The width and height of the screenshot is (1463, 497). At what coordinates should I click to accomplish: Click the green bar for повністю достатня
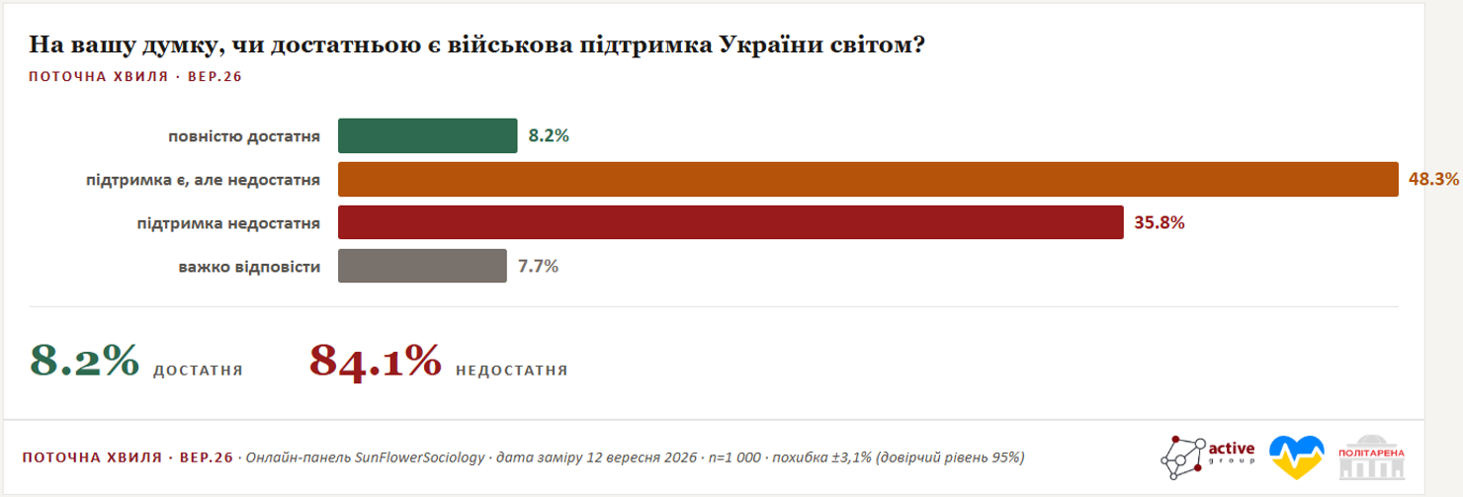click(x=427, y=135)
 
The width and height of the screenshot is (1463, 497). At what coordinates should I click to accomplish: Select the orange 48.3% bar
click(x=868, y=179)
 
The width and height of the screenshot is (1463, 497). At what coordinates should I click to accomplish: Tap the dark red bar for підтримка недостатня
click(x=731, y=222)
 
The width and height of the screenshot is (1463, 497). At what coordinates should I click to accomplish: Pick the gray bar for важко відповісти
click(x=422, y=266)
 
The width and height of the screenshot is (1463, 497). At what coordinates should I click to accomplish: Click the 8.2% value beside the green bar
click(x=549, y=135)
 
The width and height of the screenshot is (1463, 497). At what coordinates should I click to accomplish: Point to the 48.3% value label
click(x=1433, y=179)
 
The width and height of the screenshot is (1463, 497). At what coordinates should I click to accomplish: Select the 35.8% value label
click(x=1160, y=222)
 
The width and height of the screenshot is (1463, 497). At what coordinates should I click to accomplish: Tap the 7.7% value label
click(x=538, y=267)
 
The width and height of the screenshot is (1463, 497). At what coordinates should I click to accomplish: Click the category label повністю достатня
click(x=244, y=136)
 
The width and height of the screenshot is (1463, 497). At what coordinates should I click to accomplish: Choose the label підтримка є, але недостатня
click(x=203, y=180)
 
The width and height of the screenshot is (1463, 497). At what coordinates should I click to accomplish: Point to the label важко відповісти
click(x=249, y=267)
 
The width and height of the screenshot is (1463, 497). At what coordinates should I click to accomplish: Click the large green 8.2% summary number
click(x=84, y=360)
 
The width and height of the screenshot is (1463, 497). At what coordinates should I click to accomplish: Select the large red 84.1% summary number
click(x=376, y=362)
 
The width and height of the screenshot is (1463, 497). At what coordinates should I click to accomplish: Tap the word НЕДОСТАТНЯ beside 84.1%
click(x=512, y=371)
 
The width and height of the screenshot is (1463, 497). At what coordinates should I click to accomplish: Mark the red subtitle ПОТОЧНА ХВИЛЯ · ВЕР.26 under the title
click(x=135, y=76)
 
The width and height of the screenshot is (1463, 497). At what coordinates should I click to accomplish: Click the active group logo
click(x=1208, y=457)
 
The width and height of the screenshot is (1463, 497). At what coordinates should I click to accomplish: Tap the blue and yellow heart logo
click(x=1297, y=456)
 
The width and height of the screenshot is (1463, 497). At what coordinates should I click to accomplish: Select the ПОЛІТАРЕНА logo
click(x=1372, y=457)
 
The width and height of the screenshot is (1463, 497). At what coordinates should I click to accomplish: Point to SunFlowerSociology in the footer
click(x=420, y=457)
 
